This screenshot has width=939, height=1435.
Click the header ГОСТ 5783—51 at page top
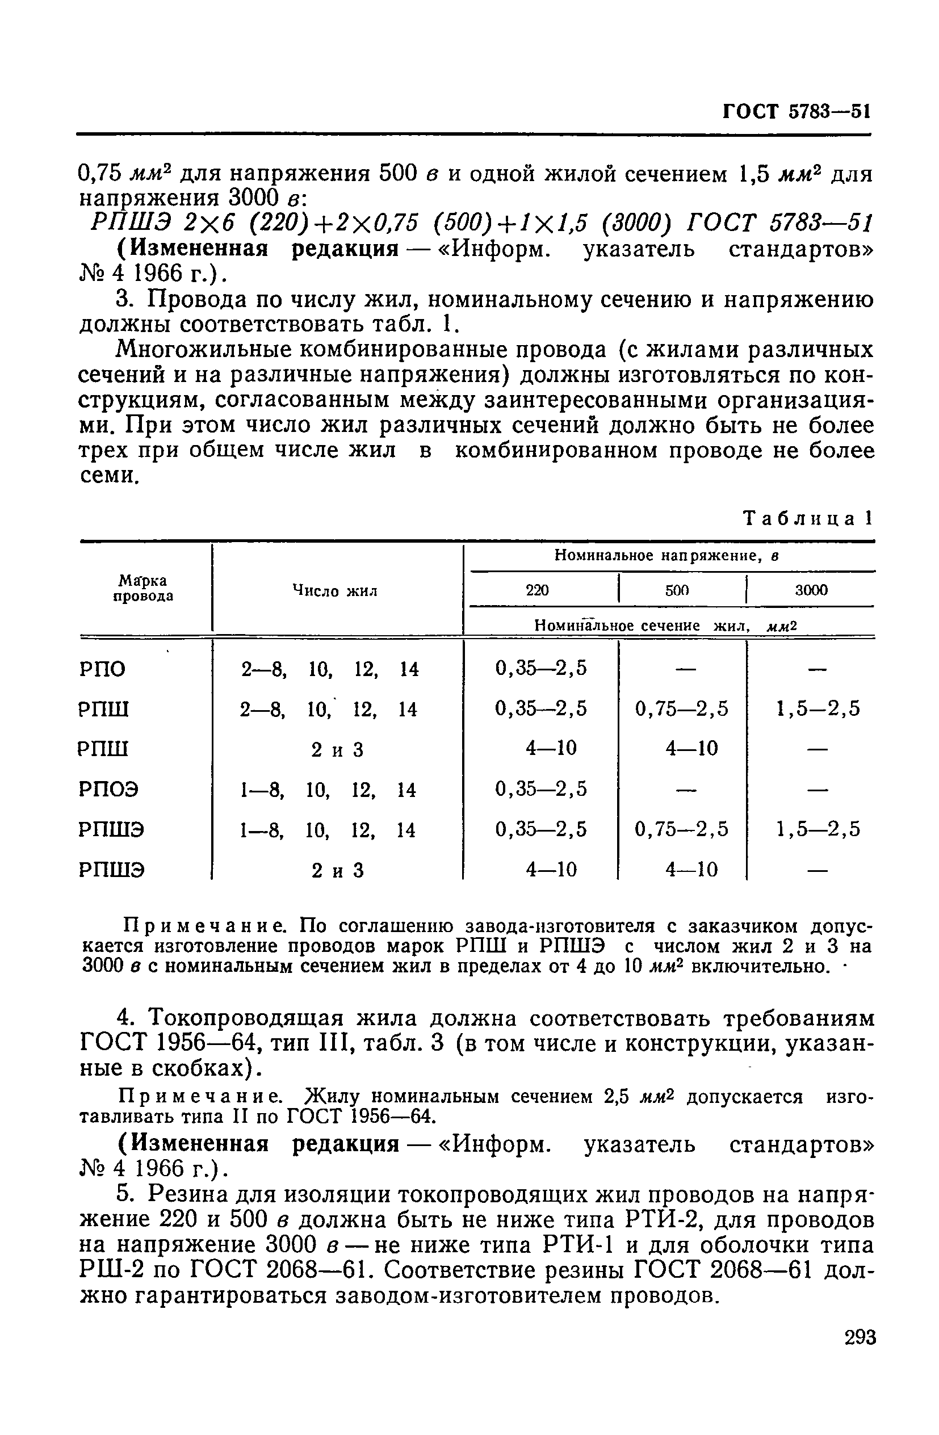pos(795,112)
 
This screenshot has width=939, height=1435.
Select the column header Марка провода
pos(143,589)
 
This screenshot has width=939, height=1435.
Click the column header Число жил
pos(335,590)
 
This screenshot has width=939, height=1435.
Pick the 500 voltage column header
pos(677,590)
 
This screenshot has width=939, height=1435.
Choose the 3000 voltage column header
pos(811,590)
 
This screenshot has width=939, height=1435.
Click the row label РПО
pos(102,669)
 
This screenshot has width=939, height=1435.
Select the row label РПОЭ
pos(108,789)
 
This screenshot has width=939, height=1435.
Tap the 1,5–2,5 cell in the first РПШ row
pos(817,708)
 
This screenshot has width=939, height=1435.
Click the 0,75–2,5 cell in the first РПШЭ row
pos(681,830)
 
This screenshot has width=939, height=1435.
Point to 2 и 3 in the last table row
pos(337,870)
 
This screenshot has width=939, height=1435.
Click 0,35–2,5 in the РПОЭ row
pos(540,788)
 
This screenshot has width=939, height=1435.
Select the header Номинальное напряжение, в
pos(666,556)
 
